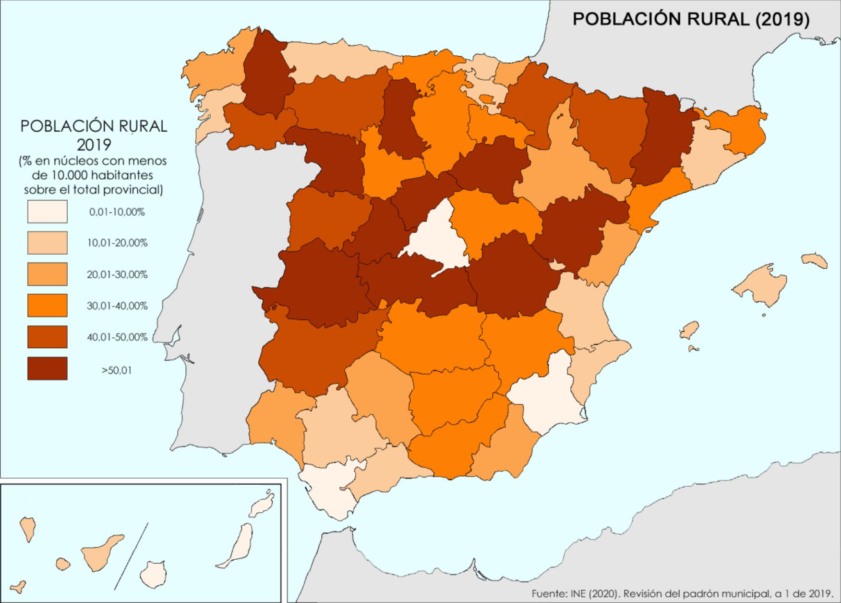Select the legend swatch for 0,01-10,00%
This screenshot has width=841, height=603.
47,211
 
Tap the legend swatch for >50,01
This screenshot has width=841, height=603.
47,369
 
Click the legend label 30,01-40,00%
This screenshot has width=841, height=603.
117,306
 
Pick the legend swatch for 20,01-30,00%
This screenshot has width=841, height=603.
47,274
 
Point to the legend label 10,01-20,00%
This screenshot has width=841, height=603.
117,243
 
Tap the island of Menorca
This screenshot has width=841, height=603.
815,260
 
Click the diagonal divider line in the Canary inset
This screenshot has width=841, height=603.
131,556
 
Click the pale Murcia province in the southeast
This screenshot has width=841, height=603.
547,394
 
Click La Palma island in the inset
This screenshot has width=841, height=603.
28,529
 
